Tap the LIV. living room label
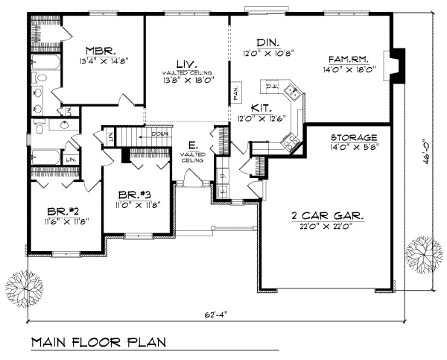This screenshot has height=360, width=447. pyautogui.click(x=186, y=64)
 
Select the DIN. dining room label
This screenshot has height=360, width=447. pyautogui.click(x=266, y=43)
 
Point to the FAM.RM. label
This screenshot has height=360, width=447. pyautogui.click(x=353, y=58)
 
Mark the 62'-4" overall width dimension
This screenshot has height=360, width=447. pyautogui.click(x=215, y=314)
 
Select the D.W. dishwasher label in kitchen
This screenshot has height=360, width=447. pyautogui.click(x=272, y=87)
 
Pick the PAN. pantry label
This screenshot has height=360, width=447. pyautogui.click(x=235, y=93)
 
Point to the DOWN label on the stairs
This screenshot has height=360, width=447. pyautogui.click(x=158, y=134)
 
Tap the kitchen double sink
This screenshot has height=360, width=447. pyautogui.click(x=291, y=92)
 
